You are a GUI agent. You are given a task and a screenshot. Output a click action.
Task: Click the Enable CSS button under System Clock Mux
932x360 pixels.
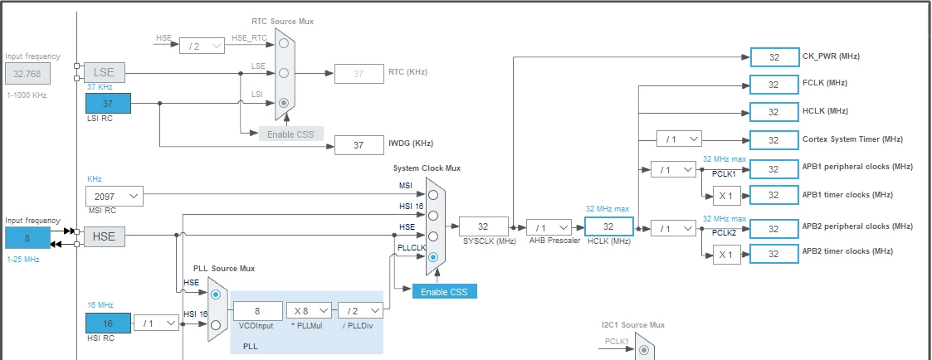tap(445, 291)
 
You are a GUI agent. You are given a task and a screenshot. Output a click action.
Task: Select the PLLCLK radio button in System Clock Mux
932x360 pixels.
tap(433, 257)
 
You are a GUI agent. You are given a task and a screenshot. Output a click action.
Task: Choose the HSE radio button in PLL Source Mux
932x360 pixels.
tap(216, 294)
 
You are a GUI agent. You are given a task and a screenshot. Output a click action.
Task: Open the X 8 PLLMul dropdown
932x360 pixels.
tap(309, 311)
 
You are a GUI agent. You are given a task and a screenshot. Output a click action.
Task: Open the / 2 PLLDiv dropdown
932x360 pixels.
tap(360, 311)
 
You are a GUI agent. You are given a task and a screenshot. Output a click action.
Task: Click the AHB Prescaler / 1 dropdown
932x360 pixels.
tap(549, 227)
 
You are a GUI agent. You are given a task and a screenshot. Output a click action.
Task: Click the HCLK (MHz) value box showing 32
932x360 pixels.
tap(608, 226)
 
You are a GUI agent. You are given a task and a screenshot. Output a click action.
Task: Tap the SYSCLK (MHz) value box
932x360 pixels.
tap(484, 226)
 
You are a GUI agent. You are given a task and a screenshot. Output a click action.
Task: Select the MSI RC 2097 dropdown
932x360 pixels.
tap(115, 197)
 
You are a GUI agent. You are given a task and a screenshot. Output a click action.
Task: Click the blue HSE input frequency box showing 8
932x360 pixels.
tap(28, 237)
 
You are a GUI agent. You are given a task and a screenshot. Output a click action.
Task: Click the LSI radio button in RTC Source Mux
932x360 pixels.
tap(284, 102)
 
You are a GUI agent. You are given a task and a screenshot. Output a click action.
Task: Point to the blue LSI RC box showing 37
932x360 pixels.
tap(108, 104)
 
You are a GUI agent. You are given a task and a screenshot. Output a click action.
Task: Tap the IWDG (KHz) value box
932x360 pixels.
tap(359, 145)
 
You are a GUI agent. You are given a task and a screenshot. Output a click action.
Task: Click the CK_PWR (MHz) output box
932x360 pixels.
tap(773, 57)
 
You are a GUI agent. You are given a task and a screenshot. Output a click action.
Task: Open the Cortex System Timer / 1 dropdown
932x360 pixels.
tap(679, 139)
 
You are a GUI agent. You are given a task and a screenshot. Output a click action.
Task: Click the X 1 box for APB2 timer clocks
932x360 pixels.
tap(726, 255)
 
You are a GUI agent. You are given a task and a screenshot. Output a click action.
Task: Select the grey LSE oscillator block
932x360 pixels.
tap(105, 72)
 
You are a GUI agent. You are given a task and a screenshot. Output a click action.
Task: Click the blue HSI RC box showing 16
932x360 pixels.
tap(108, 324)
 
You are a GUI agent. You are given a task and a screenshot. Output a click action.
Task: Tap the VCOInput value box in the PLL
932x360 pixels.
tap(258, 311)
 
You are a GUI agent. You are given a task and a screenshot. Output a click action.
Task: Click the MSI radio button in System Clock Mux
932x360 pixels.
tap(433, 195)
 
